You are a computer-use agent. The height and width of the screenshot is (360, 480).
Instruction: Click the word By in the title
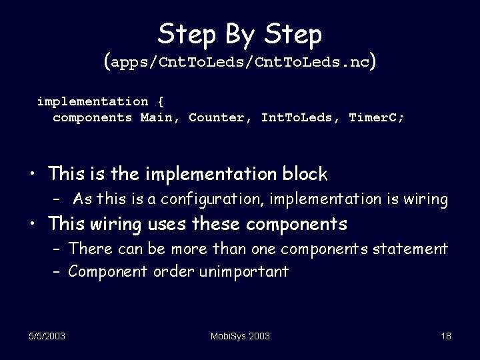pos(240,33)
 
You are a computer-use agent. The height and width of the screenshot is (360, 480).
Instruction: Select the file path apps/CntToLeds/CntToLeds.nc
pos(241,64)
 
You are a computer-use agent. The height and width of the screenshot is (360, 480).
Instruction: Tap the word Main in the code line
pos(157,118)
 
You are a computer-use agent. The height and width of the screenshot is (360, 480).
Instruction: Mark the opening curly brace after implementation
pos(160,102)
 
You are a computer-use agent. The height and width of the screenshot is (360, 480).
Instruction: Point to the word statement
pos(413,249)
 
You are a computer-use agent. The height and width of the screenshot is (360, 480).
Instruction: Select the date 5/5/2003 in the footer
pos(47,336)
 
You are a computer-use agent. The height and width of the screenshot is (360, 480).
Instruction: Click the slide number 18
pos(446,336)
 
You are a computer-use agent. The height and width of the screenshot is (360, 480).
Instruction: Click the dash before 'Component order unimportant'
pos(57,272)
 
